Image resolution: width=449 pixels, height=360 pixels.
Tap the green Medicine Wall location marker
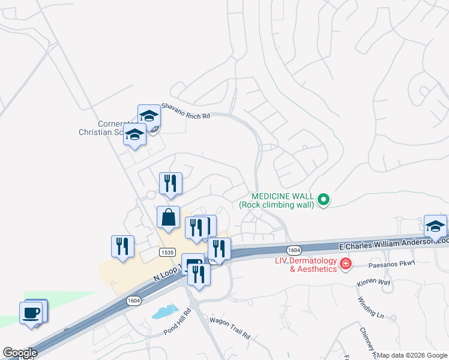324,200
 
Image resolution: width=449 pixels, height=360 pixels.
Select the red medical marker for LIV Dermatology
346,263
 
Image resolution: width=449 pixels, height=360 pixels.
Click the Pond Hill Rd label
176,328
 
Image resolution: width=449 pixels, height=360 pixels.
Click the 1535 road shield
167,252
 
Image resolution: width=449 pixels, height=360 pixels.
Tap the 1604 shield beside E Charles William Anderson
294,249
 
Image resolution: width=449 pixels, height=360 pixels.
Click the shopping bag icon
169,218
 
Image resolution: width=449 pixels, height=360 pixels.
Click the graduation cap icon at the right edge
435,226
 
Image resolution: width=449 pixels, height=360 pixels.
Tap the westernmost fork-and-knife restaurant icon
122,245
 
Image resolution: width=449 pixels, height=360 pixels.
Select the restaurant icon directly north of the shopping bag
170,183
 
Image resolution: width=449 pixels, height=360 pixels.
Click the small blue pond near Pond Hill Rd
164,311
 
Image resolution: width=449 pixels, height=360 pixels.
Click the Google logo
20,353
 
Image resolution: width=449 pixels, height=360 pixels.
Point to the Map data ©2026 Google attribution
412,355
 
